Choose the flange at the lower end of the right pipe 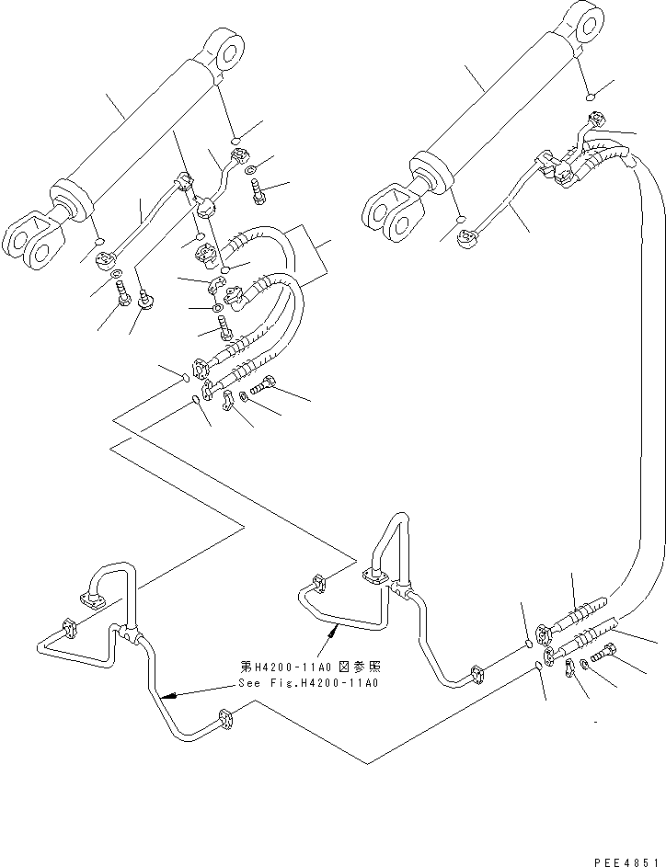(477, 674)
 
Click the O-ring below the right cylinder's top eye (591, 94)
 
